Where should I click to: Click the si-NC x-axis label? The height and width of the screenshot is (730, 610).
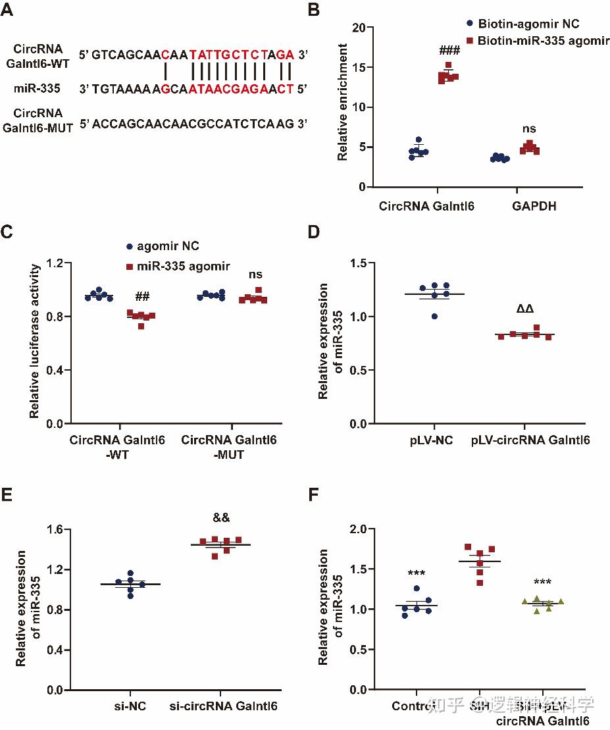(x=129, y=707)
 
